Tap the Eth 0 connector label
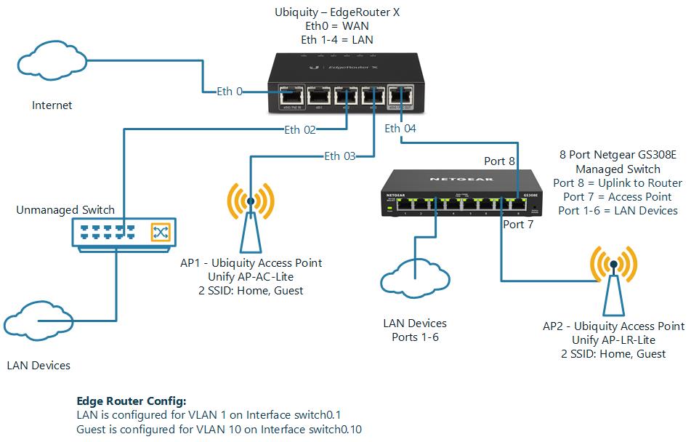click(230, 92)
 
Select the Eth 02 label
click(300, 130)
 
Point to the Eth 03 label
click(341, 156)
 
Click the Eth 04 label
click(400, 129)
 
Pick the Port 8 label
click(499, 161)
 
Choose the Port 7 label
click(518, 225)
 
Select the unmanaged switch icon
click(124, 233)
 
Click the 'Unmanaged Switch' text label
click(65, 210)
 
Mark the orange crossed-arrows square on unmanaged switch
click(160, 233)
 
